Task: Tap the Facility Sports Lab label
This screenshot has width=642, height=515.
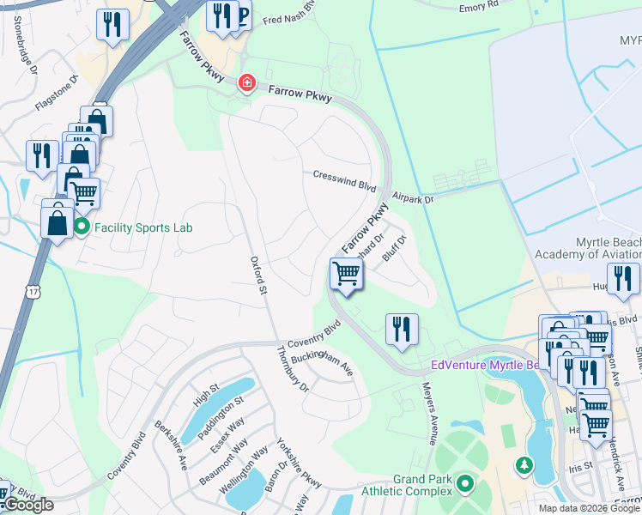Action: (x=143, y=227)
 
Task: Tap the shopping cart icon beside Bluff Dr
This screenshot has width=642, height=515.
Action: (x=346, y=275)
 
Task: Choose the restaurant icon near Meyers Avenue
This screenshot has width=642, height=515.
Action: (x=402, y=329)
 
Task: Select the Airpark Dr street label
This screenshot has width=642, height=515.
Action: (x=415, y=198)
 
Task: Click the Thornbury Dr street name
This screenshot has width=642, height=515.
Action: (x=292, y=369)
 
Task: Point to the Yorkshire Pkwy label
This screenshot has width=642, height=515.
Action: (x=299, y=463)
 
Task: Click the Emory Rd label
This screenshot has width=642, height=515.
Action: (x=478, y=7)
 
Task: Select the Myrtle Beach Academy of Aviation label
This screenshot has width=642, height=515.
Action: (x=587, y=248)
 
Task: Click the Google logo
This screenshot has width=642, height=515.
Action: (x=27, y=505)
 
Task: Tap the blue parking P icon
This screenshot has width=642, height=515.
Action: (x=242, y=15)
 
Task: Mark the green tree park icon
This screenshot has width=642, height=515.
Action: (x=523, y=465)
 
